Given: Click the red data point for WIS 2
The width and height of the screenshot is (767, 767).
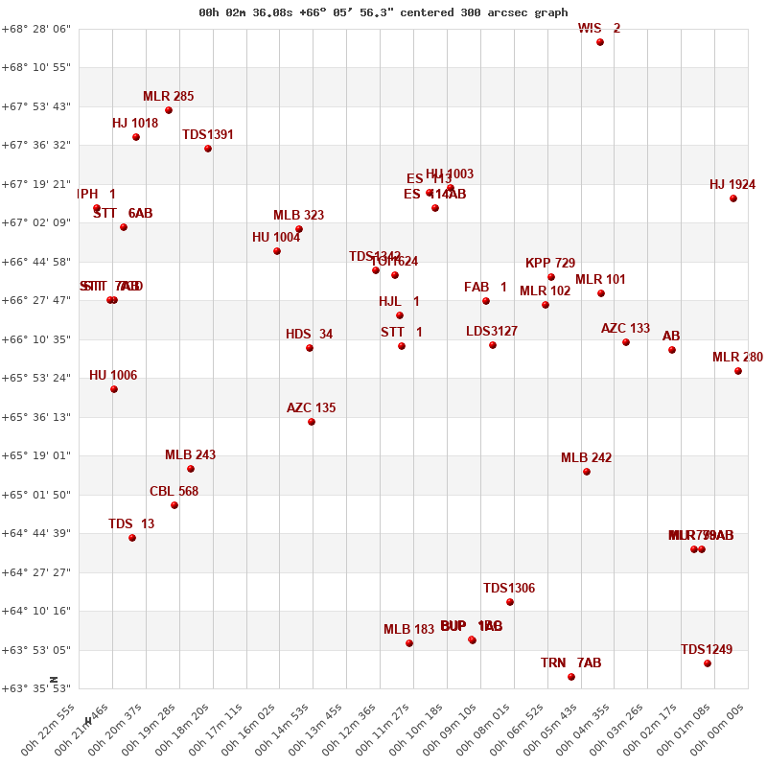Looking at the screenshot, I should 600,42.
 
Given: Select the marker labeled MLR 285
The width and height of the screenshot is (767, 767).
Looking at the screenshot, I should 169,110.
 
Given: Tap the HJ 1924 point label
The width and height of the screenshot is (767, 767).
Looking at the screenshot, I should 732,185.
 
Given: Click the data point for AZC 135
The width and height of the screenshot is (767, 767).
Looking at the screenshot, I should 312,422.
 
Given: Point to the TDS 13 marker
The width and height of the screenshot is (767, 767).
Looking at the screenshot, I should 132,538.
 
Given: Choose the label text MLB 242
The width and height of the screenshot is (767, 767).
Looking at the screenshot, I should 586,458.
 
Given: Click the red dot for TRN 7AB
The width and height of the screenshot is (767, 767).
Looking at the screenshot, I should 571,677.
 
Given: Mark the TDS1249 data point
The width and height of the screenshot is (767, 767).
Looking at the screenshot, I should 708,663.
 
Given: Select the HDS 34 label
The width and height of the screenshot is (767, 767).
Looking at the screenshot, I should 309,335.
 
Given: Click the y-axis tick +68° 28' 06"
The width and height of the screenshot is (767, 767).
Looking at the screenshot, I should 38,29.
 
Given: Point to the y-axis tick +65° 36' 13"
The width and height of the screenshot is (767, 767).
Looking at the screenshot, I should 38,417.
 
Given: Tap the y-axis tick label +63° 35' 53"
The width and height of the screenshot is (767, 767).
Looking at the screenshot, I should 38,688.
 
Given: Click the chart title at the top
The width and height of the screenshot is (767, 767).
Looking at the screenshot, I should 383,12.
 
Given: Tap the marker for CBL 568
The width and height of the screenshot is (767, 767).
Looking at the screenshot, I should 174,505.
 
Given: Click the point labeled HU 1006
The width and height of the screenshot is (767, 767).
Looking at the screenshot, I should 114,389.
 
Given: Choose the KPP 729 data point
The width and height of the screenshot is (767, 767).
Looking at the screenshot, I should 551,277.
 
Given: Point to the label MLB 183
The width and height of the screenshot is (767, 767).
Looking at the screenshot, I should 408,630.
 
